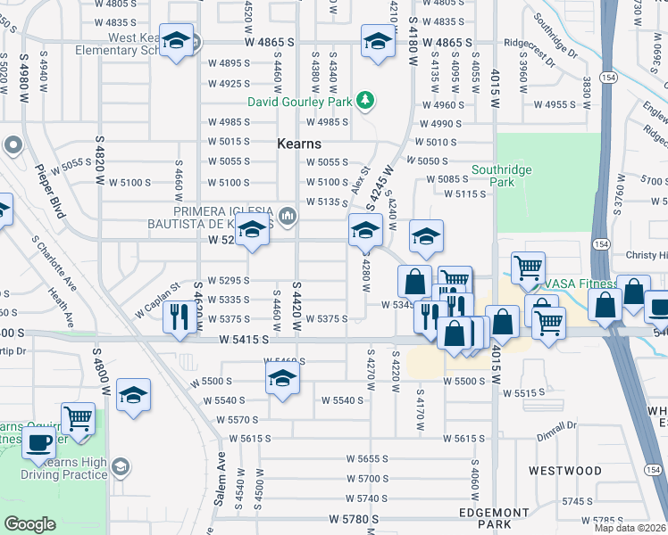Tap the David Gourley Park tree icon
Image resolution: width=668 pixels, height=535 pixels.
[364, 102]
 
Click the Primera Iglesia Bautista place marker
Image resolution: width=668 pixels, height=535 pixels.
[288, 215]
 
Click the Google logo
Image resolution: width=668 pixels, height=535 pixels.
[29, 524]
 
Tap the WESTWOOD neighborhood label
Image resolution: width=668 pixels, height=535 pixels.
[565, 470]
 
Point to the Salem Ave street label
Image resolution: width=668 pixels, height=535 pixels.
[220, 486]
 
